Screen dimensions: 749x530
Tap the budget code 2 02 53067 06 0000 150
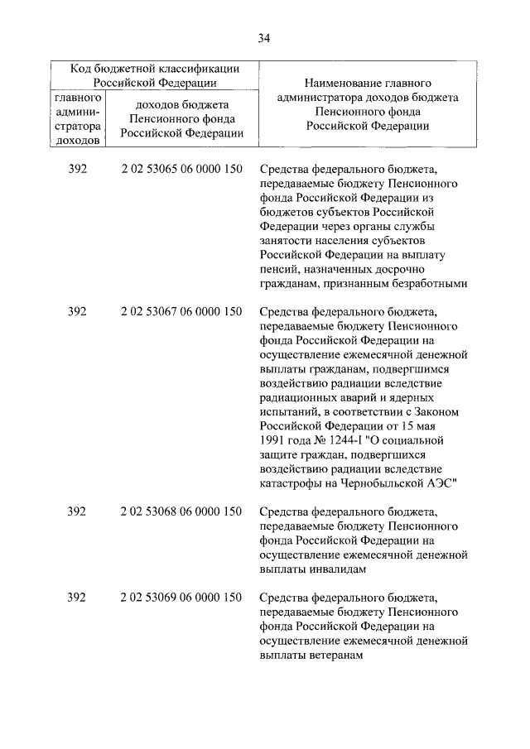tap(181, 311)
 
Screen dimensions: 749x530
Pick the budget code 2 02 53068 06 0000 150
tap(181, 511)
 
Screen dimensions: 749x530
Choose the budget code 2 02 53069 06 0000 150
tap(181, 598)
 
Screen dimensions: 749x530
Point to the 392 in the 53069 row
tap(76, 598)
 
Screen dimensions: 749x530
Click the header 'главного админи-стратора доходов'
tap(77, 118)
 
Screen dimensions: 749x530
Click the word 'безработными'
tap(429, 283)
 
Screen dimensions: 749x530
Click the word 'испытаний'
tap(287, 411)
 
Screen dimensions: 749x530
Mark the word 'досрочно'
tap(393, 269)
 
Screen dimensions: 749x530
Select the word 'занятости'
tap(286, 240)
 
